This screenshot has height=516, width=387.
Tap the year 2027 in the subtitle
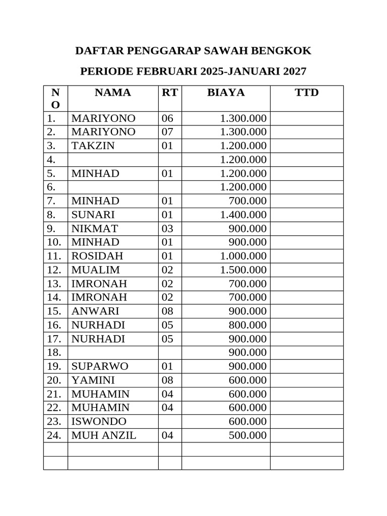295,72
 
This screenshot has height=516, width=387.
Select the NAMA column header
113,93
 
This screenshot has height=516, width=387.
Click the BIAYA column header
226,93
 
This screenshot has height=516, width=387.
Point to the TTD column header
306,93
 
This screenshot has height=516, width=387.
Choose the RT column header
170,93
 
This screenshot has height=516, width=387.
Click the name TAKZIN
93,146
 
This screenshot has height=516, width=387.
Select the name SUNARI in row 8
93,215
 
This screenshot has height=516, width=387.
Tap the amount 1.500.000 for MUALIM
243,270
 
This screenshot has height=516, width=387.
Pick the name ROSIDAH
97,256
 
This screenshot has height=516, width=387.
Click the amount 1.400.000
243,215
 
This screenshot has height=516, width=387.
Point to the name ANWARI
95,311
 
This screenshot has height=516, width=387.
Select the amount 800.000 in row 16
247,325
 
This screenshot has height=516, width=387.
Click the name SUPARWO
100,366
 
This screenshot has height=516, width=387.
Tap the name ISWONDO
99,421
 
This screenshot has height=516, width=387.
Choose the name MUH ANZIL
104,435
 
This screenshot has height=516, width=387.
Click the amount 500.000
247,435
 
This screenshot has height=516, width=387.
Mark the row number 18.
54,352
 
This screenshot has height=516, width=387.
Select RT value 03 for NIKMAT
167,228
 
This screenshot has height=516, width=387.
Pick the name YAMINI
93,380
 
